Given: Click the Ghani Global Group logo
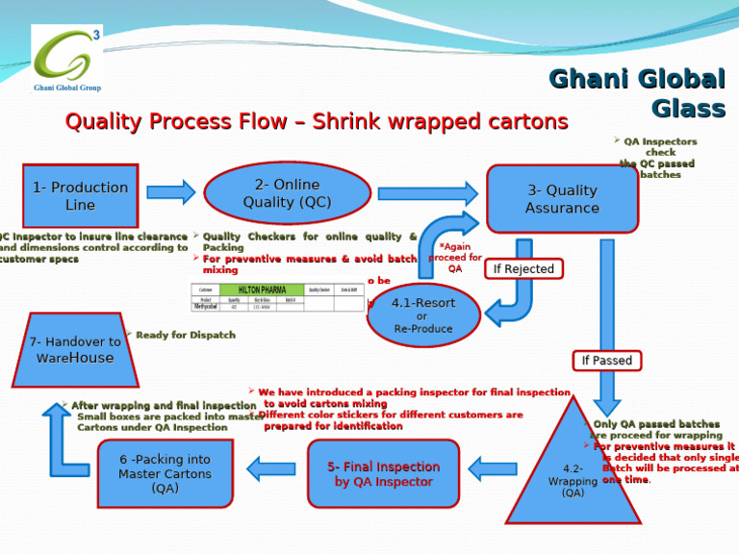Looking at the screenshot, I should pos(66,59).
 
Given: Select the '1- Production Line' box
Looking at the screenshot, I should pos(80,196).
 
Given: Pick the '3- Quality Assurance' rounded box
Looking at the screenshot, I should pos(562,199).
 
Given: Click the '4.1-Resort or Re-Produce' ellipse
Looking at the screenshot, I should pos(423,315).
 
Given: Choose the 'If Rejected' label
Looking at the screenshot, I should pos(523,269).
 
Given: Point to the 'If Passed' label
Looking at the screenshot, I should pos(607,361).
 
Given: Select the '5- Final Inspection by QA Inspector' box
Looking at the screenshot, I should pos(383,473).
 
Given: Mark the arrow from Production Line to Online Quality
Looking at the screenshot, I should pos(171,192).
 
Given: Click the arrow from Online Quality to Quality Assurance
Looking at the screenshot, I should pos(426,193).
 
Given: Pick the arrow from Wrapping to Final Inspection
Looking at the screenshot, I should pos(492,469).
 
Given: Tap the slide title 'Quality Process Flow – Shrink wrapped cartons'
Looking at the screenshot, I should pos(316,122).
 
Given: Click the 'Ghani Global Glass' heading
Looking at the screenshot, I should pos(636,93).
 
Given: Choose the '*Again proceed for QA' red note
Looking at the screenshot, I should pos(455,258).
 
